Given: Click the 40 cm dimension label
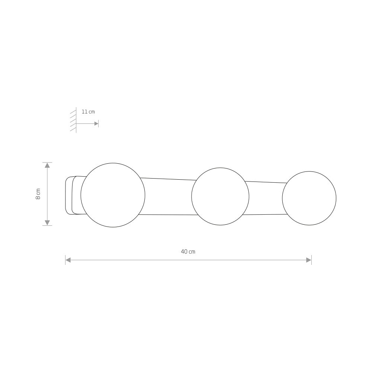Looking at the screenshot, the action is (x=188, y=252).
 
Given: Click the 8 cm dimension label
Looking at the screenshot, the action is (x=38, y=194).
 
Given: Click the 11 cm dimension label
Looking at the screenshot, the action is (x=88, y=112).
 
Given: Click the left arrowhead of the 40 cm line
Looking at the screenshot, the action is (x=68, y=260).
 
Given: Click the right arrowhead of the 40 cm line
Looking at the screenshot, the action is (x=309, y=260).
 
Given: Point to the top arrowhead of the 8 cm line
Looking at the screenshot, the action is (x=48, y=165).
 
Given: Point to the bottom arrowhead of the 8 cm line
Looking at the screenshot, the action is (x=48, y=222).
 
